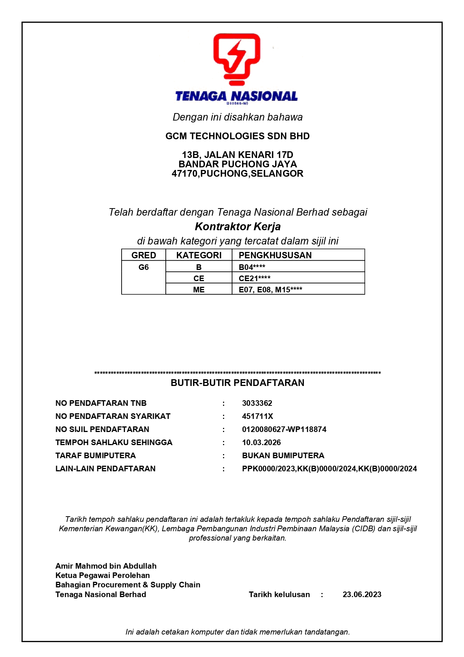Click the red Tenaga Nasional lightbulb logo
click(x=236, y=59)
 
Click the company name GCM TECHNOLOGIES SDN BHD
click(x=237, y=136)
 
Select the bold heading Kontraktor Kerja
click(x=238, y=226)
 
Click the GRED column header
click(x=143, y=255)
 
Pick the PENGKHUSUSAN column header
click(x=275, y=255)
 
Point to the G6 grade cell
click(x=143, y=267)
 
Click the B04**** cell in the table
click(x=252, y=267)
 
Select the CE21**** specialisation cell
click(x=254, y=279)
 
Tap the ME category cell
click(x=199, y=290)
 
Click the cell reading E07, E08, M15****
click(x=270, y=290)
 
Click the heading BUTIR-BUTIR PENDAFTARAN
click(x=237, y=383)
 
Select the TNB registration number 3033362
click(x=257, y=403)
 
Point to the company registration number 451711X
click(x=257, y=416)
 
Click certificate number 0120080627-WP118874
click(x=284, y=429)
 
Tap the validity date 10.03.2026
click(x=261, y=442)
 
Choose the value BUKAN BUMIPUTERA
click(x=283, y=456)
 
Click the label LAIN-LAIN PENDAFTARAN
click(x=105, y=469)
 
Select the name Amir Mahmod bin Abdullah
click(x=106, y=566)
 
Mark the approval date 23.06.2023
click(x=362, y=594)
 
